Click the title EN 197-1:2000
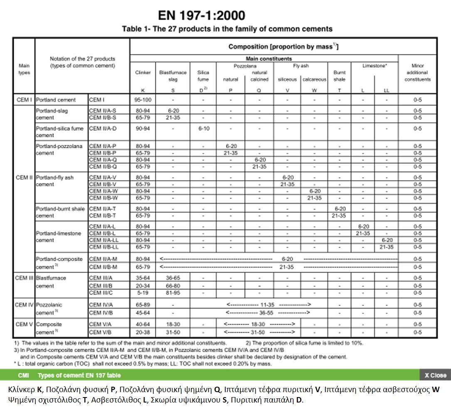pos(202,15)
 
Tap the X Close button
pos(435,375)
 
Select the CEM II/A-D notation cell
pos(103,128)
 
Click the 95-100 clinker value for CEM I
pos(143,100)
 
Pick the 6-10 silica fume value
pos(203,128)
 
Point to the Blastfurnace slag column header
pos(173,76)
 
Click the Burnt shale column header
pos(339,76)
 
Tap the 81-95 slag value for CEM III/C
pos(173,293)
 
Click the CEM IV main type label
pos(24,305)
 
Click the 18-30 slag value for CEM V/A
pos(173,324)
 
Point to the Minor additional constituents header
pos(417,72)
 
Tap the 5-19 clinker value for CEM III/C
pos(143,293)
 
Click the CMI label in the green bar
pos(23,375)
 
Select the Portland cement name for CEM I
pos(56,100)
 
